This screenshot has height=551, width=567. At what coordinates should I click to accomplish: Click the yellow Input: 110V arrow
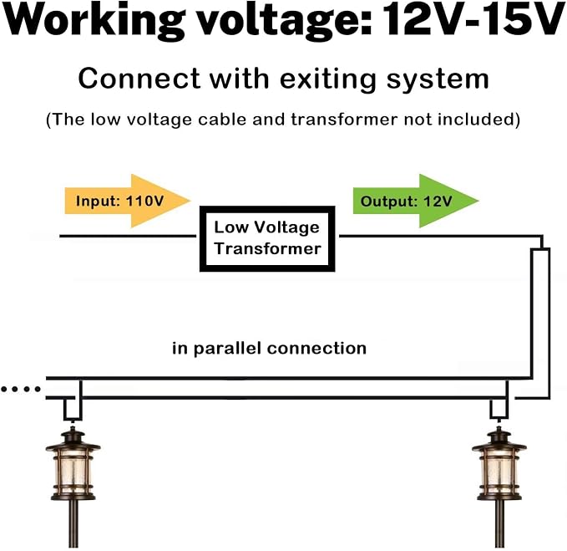tap(127, 201)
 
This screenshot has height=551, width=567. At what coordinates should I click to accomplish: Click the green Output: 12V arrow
tap(416, 201)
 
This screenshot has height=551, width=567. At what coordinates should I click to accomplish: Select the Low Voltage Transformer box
tap(267, 239)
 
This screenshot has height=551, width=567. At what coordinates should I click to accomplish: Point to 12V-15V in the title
tap(473, 19)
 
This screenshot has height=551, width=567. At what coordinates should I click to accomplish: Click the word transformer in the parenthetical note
tap(344, 120)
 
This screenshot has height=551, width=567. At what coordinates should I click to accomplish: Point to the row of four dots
tap(21, 390)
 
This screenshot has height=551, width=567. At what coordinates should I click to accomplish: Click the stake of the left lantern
tap(73, 524)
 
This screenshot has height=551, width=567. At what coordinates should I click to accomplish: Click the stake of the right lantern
tap(499, 524)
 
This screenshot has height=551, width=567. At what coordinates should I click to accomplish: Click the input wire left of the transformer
tap(128, 237)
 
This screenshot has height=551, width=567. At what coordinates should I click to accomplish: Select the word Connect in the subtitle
tap(139, 79)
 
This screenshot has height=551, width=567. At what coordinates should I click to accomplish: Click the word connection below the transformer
tap(316, 349)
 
